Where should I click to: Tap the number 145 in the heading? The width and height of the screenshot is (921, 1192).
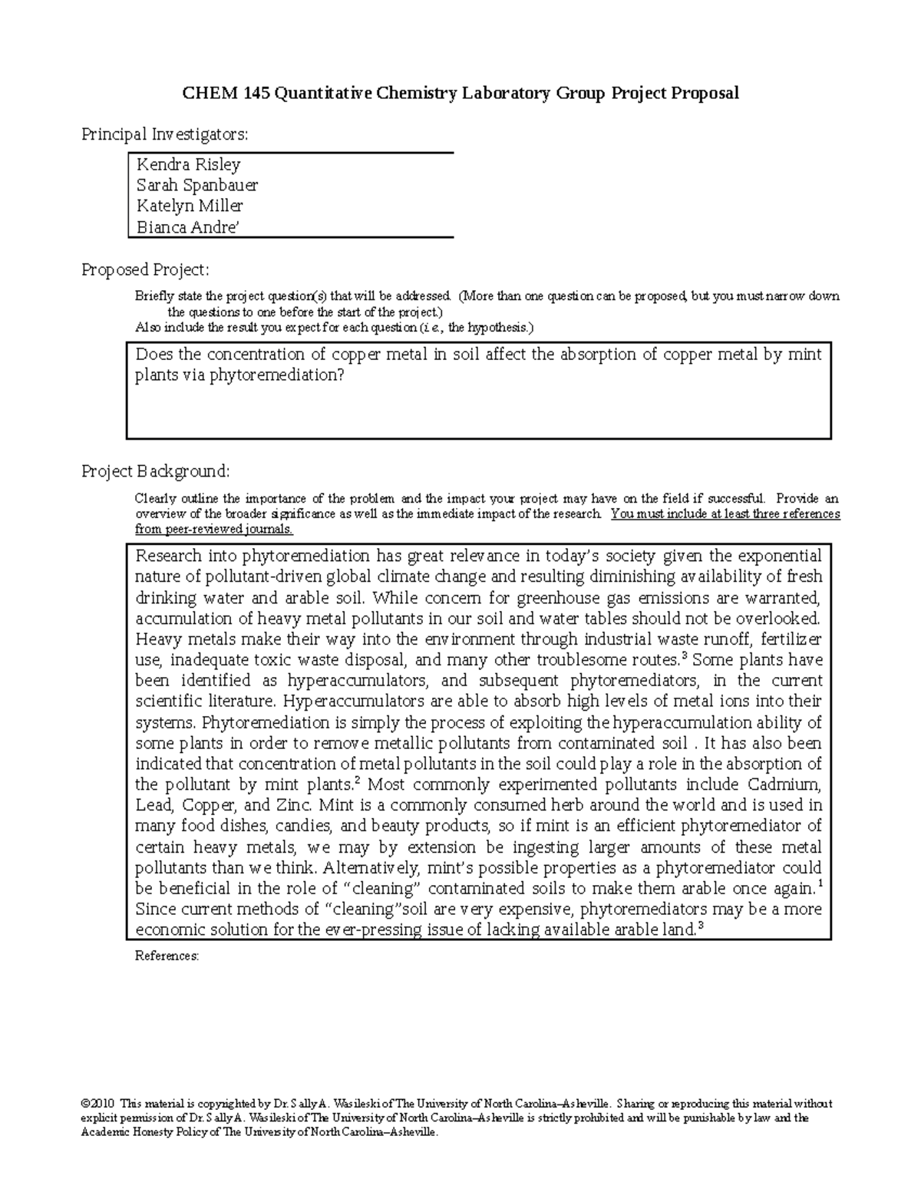pos(257,94)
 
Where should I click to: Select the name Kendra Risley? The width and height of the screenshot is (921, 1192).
pos(188,164)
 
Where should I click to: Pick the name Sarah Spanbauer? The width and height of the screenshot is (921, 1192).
pos(196,185)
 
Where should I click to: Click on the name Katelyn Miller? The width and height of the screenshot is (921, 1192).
pos(189,206)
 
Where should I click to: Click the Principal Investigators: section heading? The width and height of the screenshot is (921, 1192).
pos(165,134)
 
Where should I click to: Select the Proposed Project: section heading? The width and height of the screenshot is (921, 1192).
pos(145,270)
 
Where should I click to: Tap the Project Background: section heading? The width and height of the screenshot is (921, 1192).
pos(155,471)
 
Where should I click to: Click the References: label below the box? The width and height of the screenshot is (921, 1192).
pos(167,956)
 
